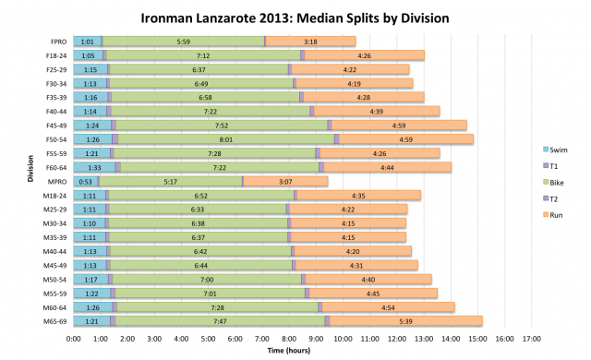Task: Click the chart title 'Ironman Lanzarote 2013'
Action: (295, 18)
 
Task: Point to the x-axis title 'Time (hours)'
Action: (295, 351)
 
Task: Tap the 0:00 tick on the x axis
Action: (74, 339)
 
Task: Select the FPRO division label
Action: (57, 42)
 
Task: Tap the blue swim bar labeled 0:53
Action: (85, 181)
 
